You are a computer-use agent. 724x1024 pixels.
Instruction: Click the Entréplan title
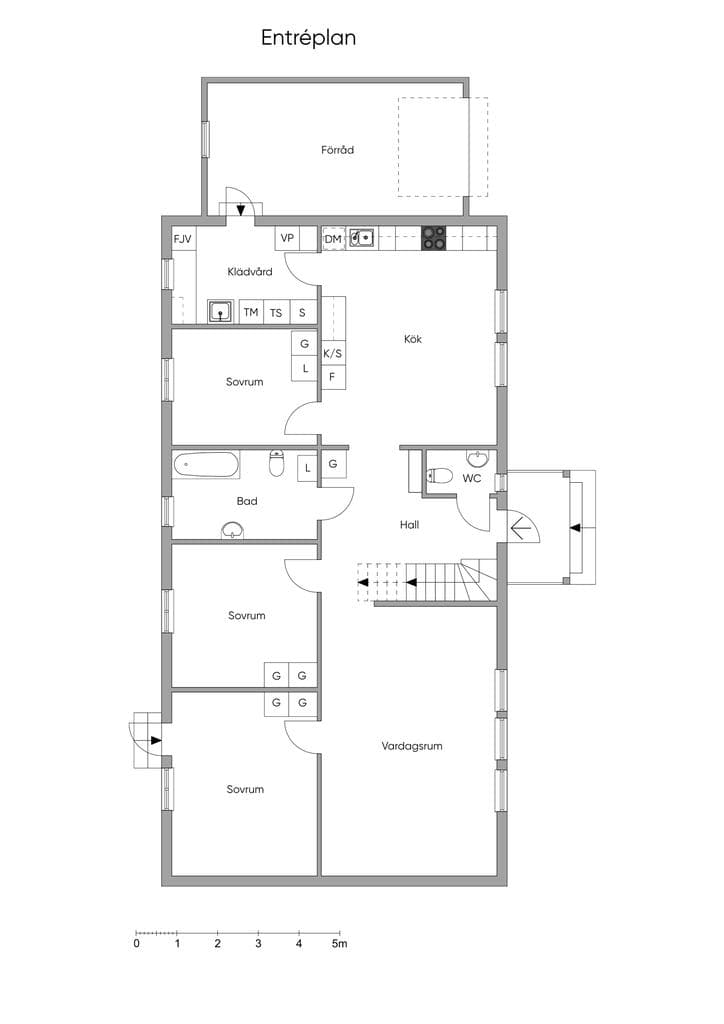point(308,38)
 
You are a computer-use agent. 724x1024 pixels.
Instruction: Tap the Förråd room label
point(338,150)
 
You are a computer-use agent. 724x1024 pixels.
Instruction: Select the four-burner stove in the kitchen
point(433,238)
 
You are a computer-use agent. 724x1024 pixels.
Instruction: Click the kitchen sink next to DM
point(361,238)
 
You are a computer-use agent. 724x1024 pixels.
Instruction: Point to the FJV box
point(183,239)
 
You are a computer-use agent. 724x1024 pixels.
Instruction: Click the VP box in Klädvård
point(287,238)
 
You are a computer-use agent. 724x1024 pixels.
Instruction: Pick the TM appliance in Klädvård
point(251,312)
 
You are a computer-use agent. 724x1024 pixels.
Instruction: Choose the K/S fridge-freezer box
point(333,353)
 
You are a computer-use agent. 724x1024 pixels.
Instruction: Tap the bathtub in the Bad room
point(206,464)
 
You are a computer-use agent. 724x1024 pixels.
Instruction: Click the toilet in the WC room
point(438,475)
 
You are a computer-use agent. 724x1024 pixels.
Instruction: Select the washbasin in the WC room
point(477,458)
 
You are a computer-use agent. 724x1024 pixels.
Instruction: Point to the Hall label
point(409,524)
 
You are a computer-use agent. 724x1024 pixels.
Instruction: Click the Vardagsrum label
point(412,745)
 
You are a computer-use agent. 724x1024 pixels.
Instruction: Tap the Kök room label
point(413,339)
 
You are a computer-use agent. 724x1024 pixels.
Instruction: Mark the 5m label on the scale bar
point(339,944)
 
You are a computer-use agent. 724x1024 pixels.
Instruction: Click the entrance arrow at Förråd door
point(241,210)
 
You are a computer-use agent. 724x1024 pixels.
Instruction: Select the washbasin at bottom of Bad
point(232,530)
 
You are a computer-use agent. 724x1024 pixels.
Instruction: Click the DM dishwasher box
point(333,239)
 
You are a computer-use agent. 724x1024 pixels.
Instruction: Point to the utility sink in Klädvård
point(221,312)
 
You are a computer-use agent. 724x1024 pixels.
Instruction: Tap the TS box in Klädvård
point(276,313)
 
